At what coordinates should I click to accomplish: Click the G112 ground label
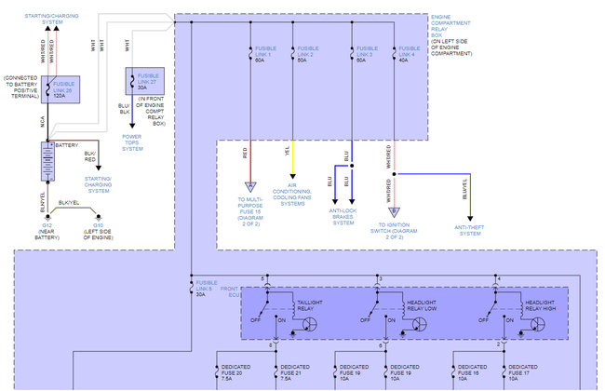(46, 229)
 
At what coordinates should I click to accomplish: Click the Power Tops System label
(132, 144)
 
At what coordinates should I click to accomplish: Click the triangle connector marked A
(250, 187)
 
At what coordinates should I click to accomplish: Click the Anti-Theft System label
(469, 229)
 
